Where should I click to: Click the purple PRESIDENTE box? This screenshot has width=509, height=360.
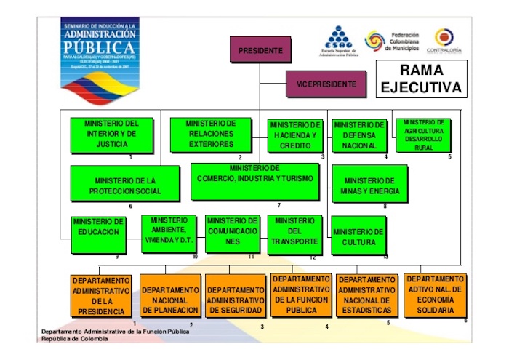260,50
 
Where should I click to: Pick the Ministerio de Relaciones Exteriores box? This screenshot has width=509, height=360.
211,135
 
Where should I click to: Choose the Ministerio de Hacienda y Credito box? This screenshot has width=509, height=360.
294,136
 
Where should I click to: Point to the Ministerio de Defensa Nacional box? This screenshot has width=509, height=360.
359,135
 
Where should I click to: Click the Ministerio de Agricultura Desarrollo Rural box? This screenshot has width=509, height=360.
423,135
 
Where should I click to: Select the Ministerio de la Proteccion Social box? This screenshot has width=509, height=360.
124,183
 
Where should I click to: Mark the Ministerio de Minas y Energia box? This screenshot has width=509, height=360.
370,186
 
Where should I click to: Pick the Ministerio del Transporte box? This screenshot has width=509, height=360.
294,234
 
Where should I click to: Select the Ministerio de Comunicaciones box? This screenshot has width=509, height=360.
231,233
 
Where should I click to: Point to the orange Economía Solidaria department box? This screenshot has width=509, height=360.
435,295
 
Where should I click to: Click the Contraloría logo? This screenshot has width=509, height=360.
448,41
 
